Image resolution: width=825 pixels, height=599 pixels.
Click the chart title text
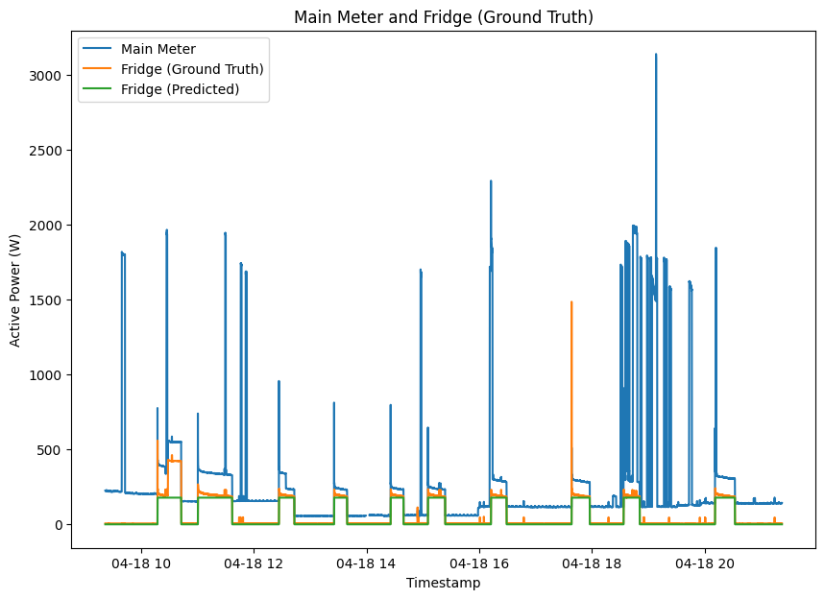click(x=443, y=17)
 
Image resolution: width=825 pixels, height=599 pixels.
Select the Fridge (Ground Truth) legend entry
click(x=191, y=69)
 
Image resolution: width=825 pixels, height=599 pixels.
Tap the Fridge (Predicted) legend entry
click(x=180, y=90)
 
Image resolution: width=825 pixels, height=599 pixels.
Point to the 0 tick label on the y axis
click(x=59, y=525)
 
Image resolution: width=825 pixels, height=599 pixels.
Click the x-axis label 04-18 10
click(x=141, y=563)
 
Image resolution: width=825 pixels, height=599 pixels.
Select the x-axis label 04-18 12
click(x=254, y=563)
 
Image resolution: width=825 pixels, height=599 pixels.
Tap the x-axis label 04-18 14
click(x=367, y=563)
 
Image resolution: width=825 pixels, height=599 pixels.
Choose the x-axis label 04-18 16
click(x=479, y=563)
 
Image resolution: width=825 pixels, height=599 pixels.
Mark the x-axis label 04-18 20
click(x=705, y=563)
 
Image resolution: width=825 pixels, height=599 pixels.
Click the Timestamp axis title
click(x=443, y=583)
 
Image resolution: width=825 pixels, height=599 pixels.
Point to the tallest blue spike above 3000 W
click(x=656, y=58)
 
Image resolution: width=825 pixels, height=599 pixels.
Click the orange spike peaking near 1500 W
click(x=571, y=305)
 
